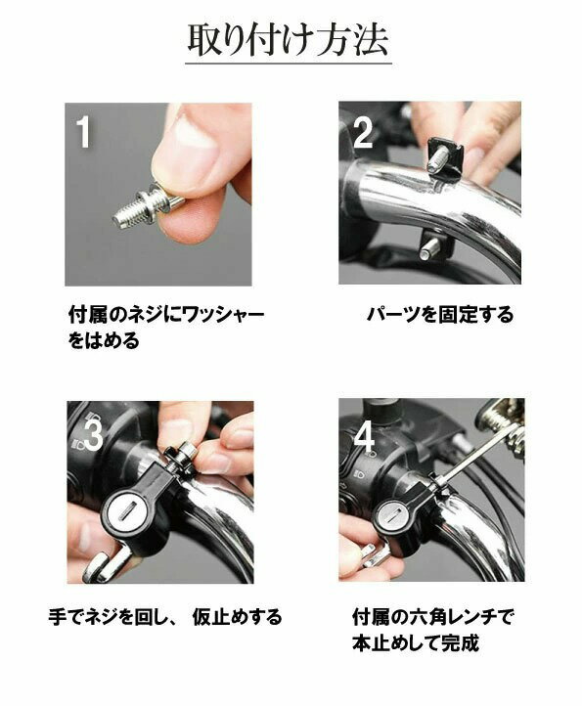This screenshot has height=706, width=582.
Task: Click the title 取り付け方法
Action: tap(288, 40)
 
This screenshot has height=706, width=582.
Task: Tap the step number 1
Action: tap(84, 131)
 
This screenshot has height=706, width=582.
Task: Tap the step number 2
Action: tap(363, 132)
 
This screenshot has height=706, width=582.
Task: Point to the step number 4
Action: tap(364, 438)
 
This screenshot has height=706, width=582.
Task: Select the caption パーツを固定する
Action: tap(440, 314)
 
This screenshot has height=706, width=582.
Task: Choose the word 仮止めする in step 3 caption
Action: tap(237, 617)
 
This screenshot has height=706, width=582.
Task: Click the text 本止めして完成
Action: tap(416, 643)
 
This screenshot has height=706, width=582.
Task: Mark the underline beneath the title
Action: tap(289, 64)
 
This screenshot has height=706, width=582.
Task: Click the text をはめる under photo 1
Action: tap(104, 340)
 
